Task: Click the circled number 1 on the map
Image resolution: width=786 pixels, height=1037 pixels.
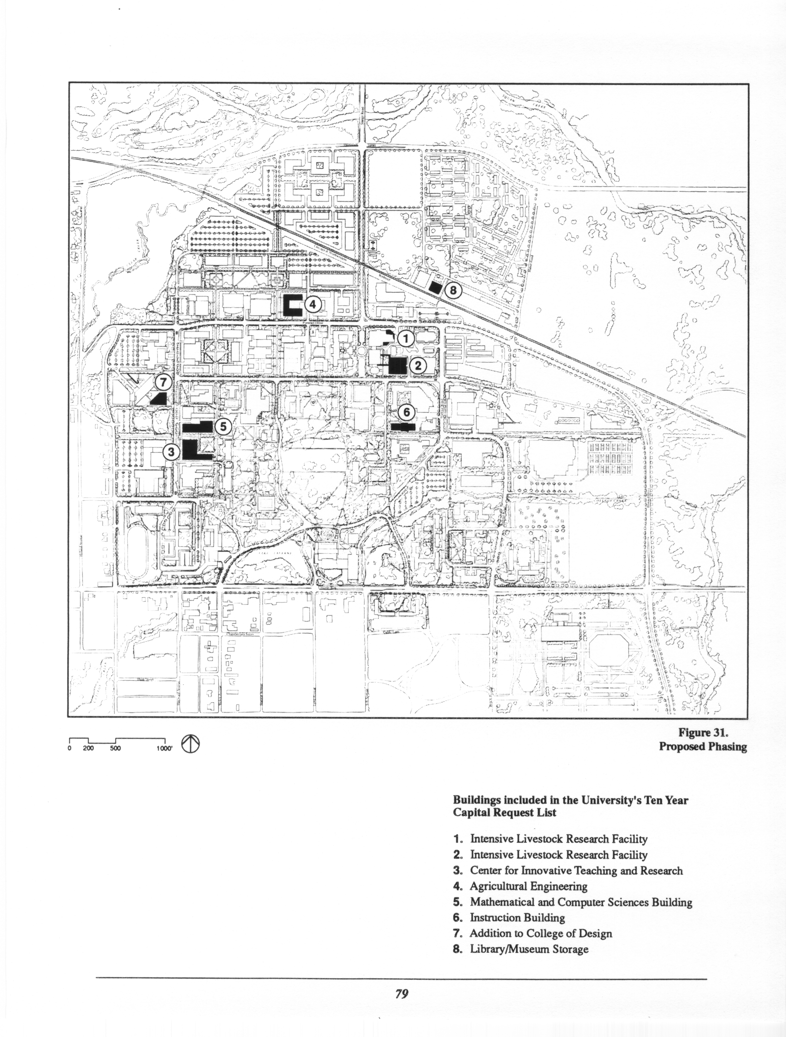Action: point(406,338)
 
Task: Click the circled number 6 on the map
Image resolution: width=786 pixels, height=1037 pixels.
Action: point(406,412)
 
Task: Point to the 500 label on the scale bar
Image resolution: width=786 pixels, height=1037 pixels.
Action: point(115,749)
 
